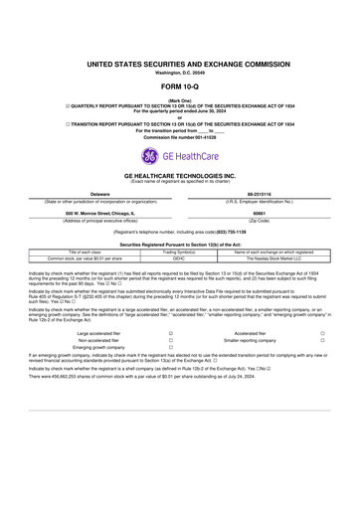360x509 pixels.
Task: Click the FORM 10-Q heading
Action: click(x=179, y=86)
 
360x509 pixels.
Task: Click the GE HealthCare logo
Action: click(x=179, y=155)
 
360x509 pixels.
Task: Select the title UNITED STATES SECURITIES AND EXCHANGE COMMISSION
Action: click(x=179, y=64)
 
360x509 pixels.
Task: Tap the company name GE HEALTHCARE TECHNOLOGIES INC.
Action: click(x=179, y=174)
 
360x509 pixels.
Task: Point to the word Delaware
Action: click(x=99, y=194)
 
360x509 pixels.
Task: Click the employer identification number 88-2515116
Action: click(x=259, y=194)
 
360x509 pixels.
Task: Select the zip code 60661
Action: click(x=259, y=212)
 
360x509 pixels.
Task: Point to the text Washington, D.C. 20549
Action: click(x=179, y=73)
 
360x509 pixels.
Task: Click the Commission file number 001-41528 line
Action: click(x=179, y=136)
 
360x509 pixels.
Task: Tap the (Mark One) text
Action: click(x=179, y=99)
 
